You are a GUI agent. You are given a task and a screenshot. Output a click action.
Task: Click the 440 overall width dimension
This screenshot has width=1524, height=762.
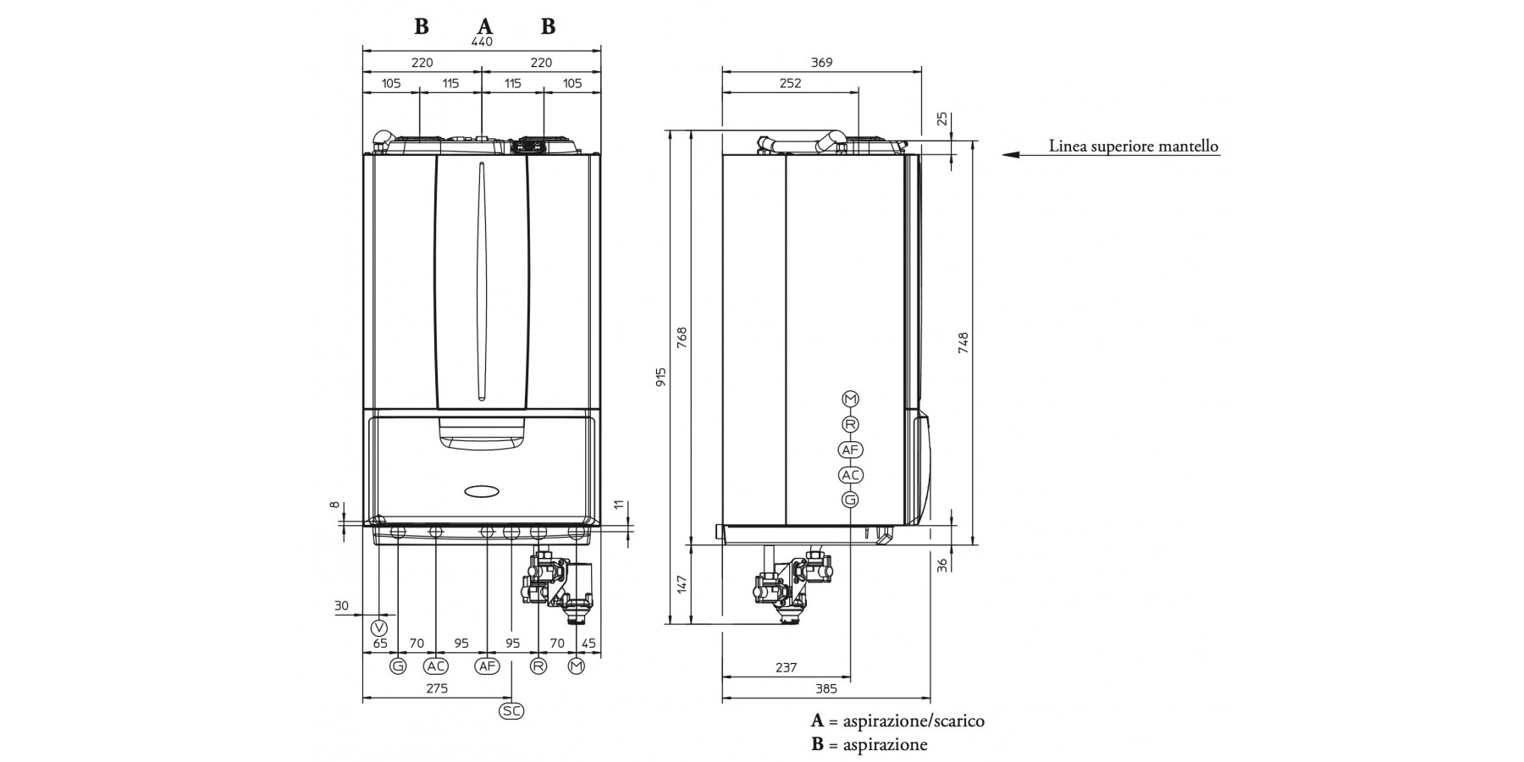pos(481,41)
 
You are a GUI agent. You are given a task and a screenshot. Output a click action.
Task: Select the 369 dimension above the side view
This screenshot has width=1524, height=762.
pos(821,63)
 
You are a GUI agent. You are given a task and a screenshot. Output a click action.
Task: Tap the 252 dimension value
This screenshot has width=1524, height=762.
pos(789,84)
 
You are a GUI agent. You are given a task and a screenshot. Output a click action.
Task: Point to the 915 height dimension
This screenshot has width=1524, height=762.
pos(661,377)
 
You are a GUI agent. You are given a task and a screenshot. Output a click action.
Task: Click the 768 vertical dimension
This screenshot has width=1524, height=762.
pos(682,337)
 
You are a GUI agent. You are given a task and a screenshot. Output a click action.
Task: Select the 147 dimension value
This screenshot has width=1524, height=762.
pos(682,583)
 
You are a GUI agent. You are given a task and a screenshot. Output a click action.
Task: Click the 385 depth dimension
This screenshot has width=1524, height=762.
pos(825,689)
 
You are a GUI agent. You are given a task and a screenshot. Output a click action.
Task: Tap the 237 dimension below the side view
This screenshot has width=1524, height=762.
pos(786,668)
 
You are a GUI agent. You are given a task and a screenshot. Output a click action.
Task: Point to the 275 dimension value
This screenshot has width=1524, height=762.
pos(436,689)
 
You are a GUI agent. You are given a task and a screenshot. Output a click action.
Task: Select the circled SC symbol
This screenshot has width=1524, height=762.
pos(511,711)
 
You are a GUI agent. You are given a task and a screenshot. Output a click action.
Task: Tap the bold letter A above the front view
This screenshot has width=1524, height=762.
pos(484,26)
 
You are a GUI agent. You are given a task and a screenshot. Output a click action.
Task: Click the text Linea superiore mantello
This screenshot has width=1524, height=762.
pos(1134,146)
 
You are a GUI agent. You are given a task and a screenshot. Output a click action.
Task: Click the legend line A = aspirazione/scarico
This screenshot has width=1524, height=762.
pos(897,721)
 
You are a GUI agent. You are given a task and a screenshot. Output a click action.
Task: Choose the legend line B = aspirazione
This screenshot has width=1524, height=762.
pos(869,745)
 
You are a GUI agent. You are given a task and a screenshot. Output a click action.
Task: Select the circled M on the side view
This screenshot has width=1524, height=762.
pos(850,399)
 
